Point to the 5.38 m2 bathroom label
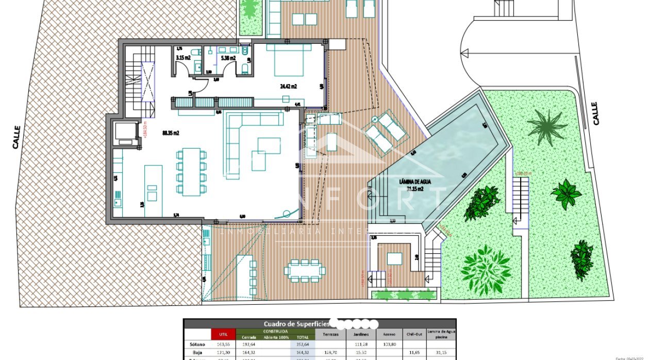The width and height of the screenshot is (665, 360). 228,58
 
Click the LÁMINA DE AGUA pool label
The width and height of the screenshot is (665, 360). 415,182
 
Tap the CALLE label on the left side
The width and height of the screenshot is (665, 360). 16,137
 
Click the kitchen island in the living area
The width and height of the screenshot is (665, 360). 152,190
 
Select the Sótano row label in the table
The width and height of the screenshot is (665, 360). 197,344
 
